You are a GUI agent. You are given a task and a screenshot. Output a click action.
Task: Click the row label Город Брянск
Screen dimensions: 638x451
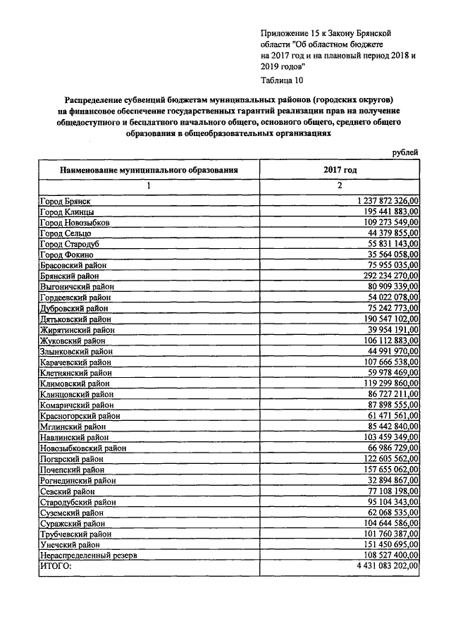click(65, 202)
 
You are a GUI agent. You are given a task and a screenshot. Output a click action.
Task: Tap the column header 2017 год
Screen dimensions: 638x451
click(340, 170)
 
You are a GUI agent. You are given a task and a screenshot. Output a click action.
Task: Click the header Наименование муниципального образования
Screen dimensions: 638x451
click(149, 170)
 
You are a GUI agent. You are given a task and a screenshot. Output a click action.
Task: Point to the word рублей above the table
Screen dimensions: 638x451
click(404, 151)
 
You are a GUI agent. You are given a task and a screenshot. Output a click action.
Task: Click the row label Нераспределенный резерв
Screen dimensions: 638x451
click(87, 556)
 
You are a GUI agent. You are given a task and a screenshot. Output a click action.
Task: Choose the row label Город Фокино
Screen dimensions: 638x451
click(65, 254)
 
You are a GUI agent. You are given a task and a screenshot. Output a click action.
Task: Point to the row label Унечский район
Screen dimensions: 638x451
click(69, 544)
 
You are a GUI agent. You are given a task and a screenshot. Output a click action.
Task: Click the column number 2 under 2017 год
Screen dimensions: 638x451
click(340, 186)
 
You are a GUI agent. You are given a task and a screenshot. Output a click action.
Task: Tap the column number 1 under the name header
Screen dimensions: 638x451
click(149, 186)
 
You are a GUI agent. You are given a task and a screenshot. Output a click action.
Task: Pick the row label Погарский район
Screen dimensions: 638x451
click(71, 458)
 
